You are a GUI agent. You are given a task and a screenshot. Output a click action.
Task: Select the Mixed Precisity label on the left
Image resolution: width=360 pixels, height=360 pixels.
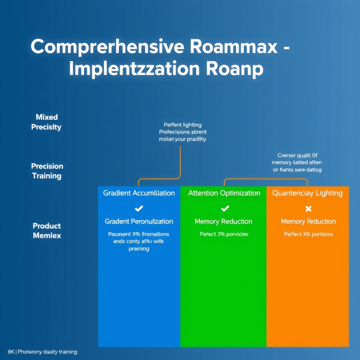(46, 122)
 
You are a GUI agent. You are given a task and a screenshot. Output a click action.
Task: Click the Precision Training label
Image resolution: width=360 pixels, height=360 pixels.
(47, 171)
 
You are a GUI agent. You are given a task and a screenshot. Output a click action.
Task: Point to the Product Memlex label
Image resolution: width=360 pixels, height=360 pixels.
(47, 231)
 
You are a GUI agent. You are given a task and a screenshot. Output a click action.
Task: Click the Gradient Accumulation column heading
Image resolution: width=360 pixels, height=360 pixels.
(139, 193)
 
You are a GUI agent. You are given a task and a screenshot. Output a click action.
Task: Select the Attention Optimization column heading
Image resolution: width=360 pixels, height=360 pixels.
(224, 193)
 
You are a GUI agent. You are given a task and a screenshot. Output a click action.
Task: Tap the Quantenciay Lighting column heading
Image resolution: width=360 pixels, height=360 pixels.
(307, 193)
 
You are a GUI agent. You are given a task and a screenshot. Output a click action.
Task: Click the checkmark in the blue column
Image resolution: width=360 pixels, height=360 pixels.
(139, 209)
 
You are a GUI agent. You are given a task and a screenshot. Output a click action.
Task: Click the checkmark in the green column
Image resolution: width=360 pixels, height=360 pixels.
(225, 209)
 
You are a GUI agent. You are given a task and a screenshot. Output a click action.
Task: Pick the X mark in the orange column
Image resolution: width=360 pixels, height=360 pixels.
(308, 209)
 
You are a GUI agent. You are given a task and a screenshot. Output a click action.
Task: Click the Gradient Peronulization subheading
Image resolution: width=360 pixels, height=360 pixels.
(139, 221)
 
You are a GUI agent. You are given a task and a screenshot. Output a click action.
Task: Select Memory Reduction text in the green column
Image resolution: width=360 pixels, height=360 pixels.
(224, 221)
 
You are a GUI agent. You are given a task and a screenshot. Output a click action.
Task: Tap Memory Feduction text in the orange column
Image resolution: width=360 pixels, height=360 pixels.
(308, 221)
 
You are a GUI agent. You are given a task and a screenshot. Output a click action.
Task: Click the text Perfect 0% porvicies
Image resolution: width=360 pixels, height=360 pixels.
(224, 234)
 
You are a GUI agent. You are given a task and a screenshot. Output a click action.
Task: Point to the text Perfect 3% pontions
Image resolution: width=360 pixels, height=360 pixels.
(308, 234)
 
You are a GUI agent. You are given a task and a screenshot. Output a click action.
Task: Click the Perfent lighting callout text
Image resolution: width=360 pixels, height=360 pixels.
(183, 132)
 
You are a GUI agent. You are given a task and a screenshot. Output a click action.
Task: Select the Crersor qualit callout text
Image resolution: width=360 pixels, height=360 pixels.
(297, 162)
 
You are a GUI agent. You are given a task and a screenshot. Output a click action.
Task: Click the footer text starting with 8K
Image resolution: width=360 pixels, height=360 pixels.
(42, 352)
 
